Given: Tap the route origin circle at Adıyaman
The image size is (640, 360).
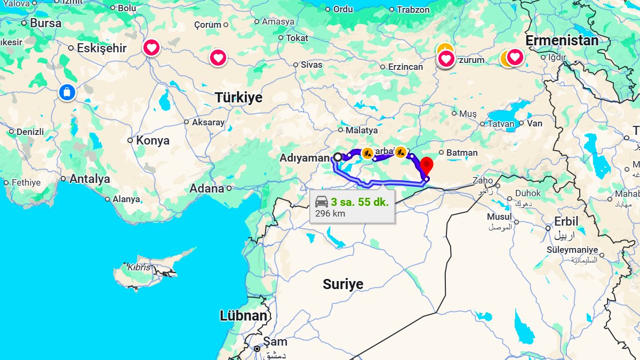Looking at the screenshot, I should (338, 157).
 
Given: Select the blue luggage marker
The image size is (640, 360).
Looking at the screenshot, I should (67, 92).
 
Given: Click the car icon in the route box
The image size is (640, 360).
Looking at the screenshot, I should (321, 202).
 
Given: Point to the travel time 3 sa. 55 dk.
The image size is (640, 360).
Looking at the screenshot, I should (359, 202).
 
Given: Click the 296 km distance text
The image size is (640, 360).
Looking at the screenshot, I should (330, 213).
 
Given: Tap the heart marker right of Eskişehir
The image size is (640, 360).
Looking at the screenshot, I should (151, 47).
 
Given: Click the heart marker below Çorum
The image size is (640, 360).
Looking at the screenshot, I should (218, 58).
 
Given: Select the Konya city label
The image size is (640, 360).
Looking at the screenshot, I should (153, 140).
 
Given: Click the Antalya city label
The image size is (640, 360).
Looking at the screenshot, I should (90, 179).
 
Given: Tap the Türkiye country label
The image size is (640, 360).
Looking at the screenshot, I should (238, 98).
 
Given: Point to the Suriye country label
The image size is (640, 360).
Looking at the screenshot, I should (343, 284).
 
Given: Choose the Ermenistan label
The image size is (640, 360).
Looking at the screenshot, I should (562, 41).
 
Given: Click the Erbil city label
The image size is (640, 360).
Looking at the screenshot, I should (566, 221).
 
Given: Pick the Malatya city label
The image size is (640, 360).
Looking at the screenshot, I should (361, 130).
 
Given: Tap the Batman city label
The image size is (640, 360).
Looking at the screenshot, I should (462, 153).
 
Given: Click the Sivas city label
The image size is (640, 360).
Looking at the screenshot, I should (311, 65).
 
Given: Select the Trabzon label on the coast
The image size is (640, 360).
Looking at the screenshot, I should (413, 10).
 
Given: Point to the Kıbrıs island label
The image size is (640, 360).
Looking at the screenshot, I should (139, 267).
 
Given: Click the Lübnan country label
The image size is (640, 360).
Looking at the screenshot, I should (243, 315).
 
